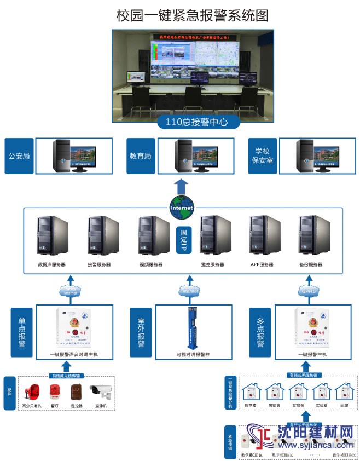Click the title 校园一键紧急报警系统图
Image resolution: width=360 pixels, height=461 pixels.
coord(192,15)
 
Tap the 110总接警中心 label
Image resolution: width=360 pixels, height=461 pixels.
coord(195,122)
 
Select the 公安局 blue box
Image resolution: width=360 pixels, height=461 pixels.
coord(19,156)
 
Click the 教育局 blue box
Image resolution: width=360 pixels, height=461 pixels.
coord(141,156)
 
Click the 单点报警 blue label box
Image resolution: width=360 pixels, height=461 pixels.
coord(22,332)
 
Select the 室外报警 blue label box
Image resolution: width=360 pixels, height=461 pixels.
coord(141,332)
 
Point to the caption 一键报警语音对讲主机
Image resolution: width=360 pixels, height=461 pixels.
coord(74,355)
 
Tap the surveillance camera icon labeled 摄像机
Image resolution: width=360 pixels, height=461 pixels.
coord(102,391)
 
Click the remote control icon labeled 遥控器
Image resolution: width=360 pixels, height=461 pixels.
coord(76,391)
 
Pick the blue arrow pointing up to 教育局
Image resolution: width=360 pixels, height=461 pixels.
coord(182,186)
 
